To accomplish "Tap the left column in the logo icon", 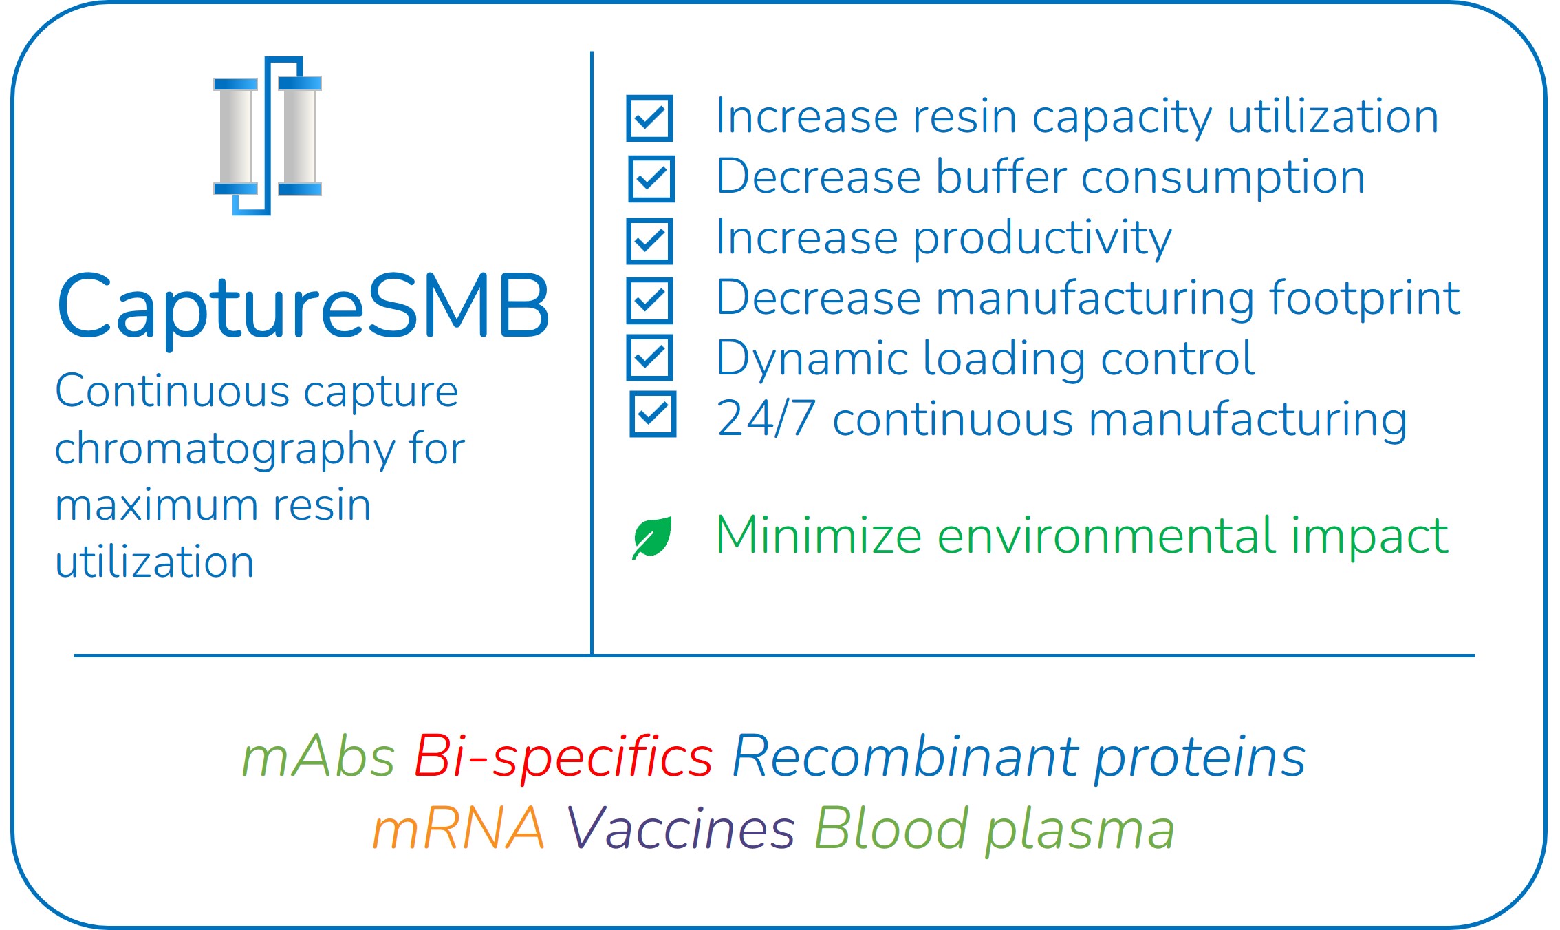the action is point(235,136).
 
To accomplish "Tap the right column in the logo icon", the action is point(300,136).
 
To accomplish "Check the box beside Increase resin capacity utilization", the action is point(649,118).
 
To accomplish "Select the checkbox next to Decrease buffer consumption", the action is point(651,179).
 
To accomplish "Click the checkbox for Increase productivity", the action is point(649,241).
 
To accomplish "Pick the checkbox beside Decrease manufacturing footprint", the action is point(649,300).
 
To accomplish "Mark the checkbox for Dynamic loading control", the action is point(649,357).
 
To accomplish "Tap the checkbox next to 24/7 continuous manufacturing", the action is point(653,414).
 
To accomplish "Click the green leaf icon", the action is point(652,538).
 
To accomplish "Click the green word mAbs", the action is point(318,757).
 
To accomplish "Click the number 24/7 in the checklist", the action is point(766,419).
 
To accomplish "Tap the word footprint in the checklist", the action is point(1365,299).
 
